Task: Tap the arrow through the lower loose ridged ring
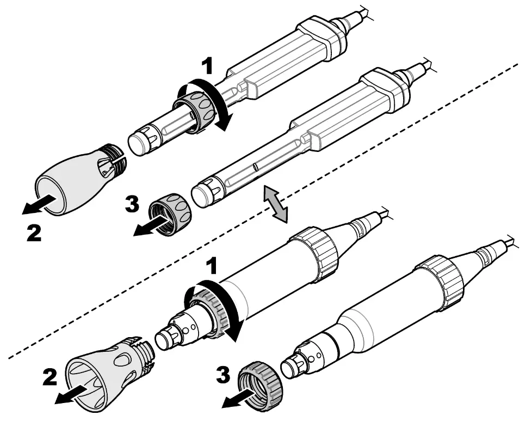click(239, 399)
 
